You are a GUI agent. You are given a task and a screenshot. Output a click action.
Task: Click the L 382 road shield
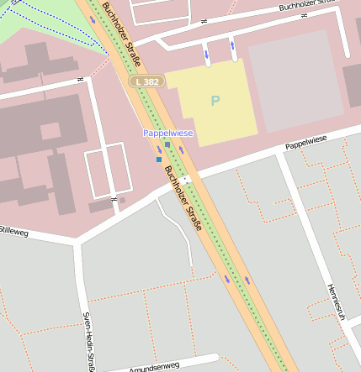point(146,81)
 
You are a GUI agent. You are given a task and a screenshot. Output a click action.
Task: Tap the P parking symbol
point(215,101)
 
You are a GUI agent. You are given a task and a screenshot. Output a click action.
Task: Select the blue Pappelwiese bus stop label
point(167,134)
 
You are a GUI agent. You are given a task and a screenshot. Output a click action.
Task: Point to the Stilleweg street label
point(13,229)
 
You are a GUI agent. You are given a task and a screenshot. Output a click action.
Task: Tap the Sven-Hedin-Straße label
point(88,341)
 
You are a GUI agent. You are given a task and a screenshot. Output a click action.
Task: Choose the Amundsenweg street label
point(154,367)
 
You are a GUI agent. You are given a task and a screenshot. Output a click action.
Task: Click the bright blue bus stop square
point(158,159)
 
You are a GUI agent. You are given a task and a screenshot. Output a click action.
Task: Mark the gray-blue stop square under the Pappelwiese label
point(167,144)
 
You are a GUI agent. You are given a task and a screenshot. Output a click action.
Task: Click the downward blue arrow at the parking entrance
point(207,55)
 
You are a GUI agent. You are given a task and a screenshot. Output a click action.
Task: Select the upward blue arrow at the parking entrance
point(232,44)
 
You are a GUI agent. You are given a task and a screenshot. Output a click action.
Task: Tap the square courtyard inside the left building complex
point(50,131)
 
